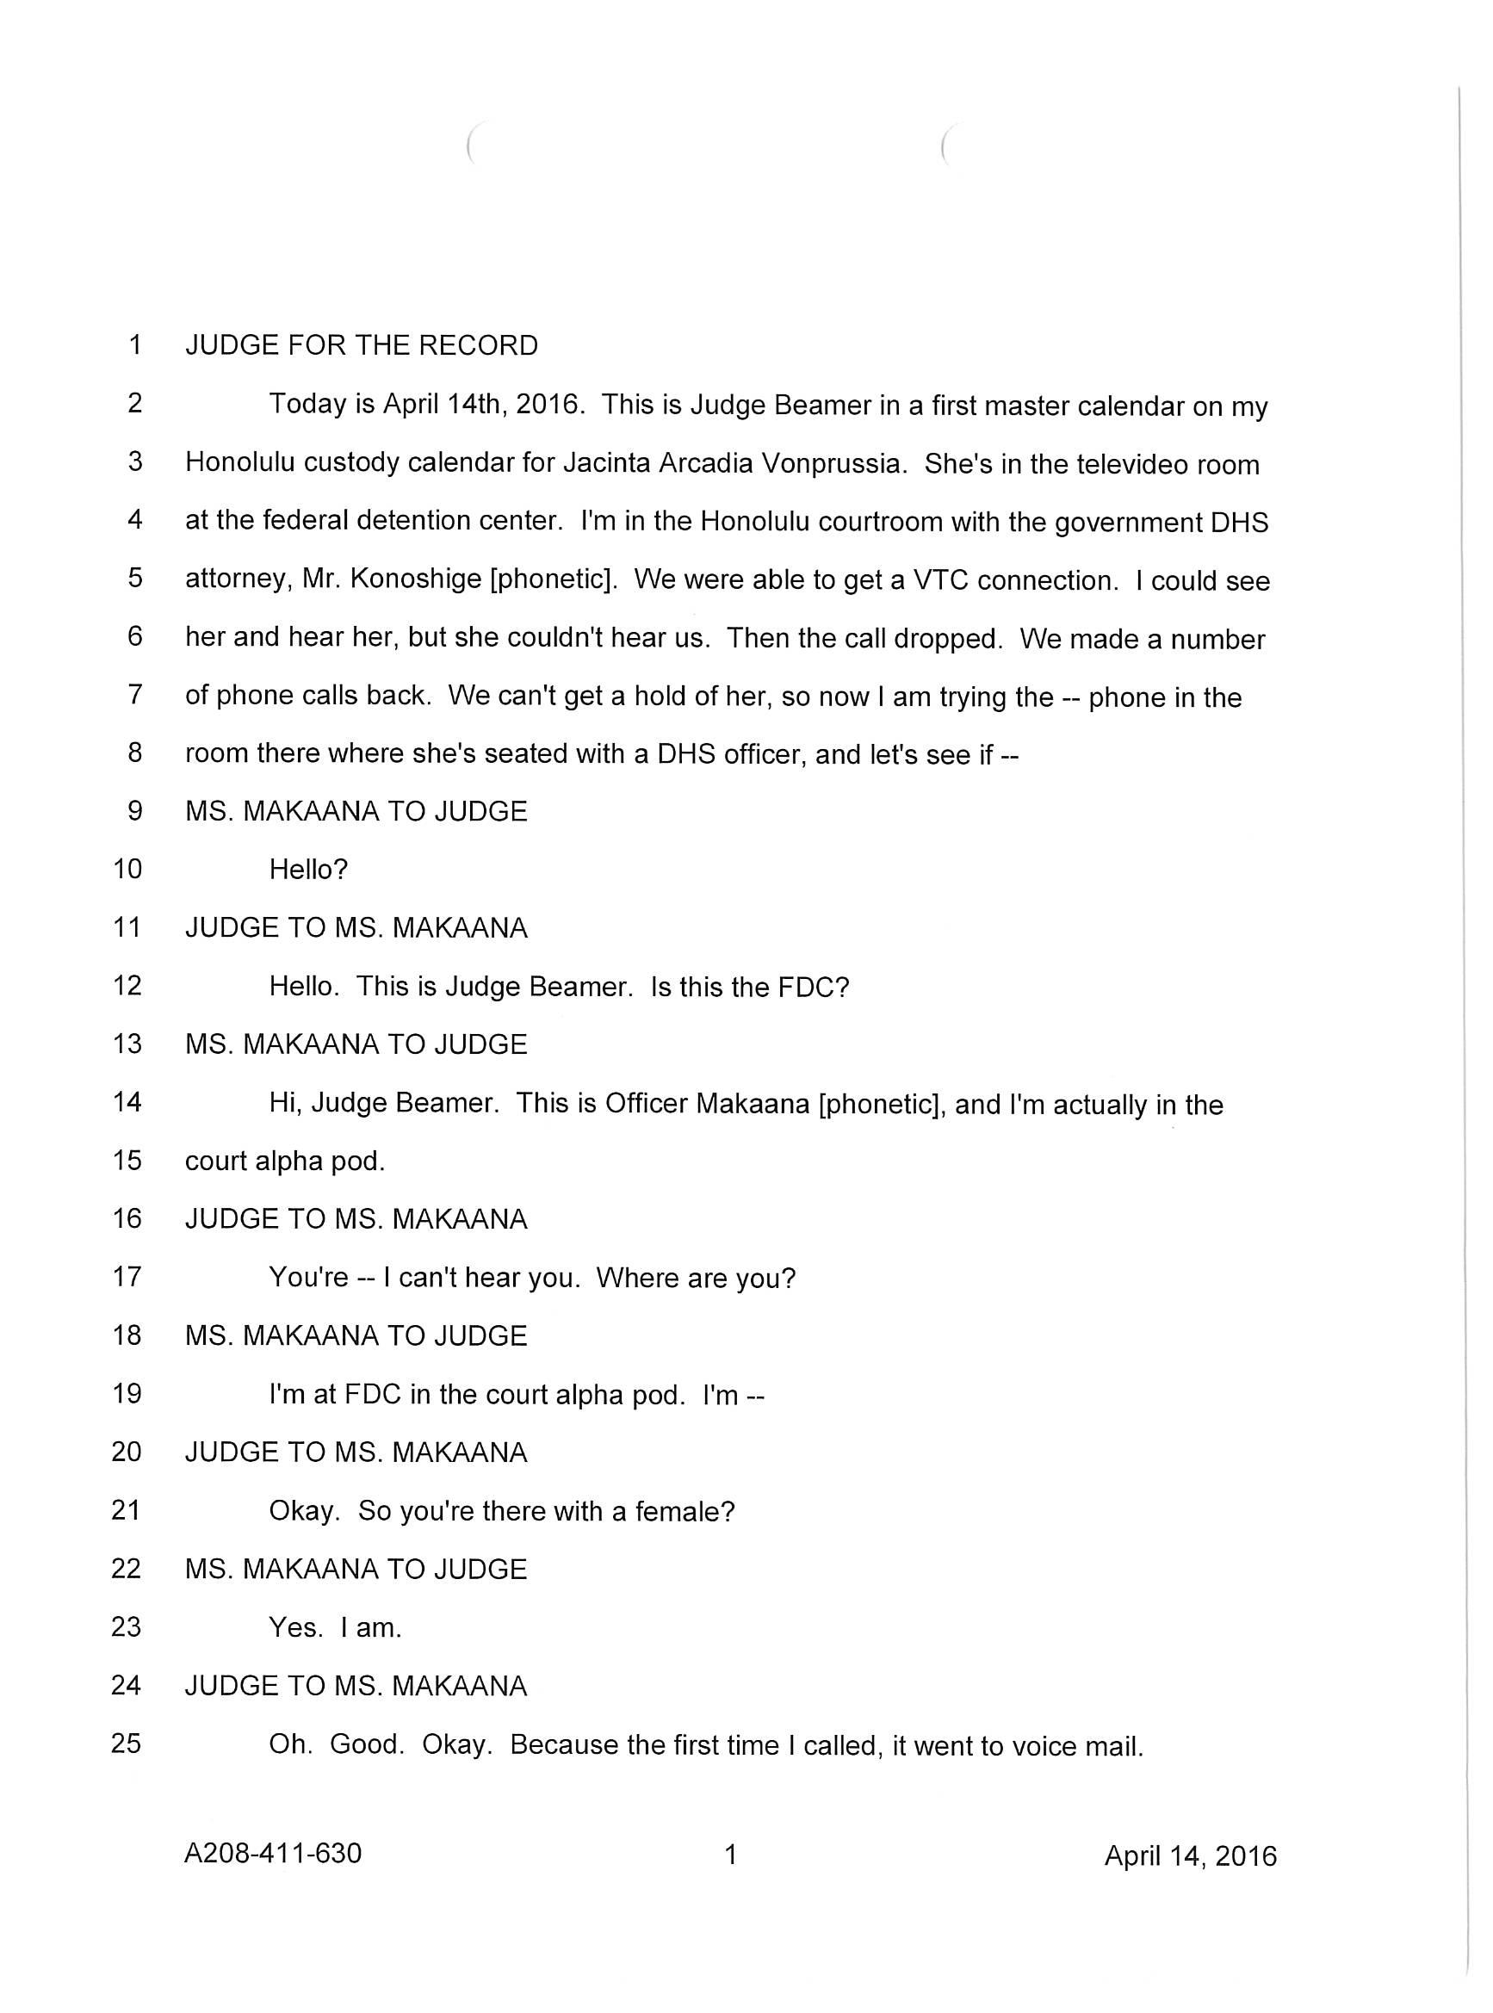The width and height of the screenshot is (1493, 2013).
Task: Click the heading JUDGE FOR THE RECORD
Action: [x=362, y=345]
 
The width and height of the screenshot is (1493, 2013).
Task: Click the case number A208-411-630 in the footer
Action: [x=273, y=1854]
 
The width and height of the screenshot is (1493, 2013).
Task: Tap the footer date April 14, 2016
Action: [x=1190, y=1855]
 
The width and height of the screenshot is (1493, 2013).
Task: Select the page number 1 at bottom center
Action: [x=731, y=1855]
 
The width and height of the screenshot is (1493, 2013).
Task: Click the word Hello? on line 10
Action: [x=308, y=870]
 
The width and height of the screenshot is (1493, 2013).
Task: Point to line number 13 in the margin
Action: [x=127, y=1044]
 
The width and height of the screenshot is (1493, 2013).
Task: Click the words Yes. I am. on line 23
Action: [x=334, y=1628]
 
